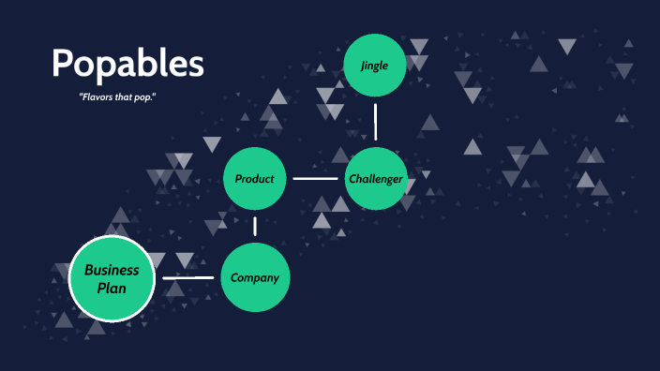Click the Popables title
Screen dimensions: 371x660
[127, 65]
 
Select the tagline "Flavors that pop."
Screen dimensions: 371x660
[117, 96]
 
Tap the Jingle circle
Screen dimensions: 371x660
[375, 66]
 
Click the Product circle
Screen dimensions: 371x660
[254, 178]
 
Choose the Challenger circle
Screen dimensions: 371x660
[376, 178]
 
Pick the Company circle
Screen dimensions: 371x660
[255, 277]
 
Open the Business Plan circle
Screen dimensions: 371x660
[112, 279]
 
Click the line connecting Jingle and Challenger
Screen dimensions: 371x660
[375, 121]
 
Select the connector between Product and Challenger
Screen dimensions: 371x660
[315, 178]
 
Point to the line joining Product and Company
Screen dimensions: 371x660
[255, 227]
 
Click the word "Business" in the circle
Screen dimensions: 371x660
[112, 270]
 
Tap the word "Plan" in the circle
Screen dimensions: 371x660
[112, 289]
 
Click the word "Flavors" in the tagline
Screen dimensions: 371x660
[95, 96]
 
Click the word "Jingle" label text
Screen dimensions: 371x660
[375, 66]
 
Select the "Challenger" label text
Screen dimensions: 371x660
[376, 179]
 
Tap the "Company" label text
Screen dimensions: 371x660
[255, 278]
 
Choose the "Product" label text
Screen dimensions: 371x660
[254, 179]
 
